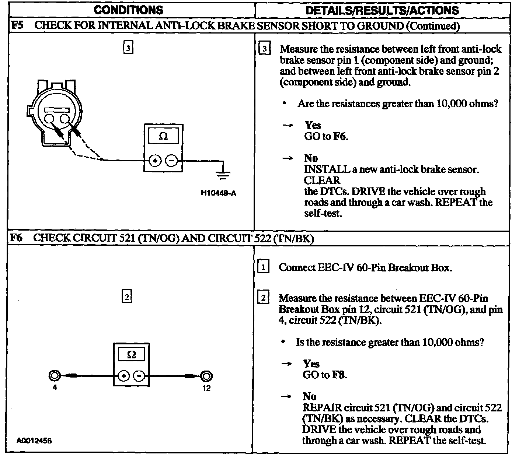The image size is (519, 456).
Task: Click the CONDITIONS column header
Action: (129, 10)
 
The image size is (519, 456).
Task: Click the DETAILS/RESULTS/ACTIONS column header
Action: (382, 10)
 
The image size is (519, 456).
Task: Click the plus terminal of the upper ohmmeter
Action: (155, 161)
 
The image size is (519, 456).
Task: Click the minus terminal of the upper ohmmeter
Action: (171, 161)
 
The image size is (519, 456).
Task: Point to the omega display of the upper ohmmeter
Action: (163, 137)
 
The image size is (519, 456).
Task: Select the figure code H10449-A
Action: (219, 193)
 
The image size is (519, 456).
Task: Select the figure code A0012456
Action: (34, 441)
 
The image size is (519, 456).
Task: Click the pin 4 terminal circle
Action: (54, 376)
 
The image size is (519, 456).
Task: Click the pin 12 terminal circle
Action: (206, 376)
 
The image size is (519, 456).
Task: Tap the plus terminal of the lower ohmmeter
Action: (123, 376)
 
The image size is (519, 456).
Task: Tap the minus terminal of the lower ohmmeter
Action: (139, 376)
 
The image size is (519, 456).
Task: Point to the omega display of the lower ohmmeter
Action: (131, 355)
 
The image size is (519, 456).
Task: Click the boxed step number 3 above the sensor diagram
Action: (128, 48)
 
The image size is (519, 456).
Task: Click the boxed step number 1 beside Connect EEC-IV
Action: (263, 267)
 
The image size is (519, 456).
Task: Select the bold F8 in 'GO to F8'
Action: (339, 375)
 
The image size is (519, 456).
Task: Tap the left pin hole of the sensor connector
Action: (49, 119)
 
